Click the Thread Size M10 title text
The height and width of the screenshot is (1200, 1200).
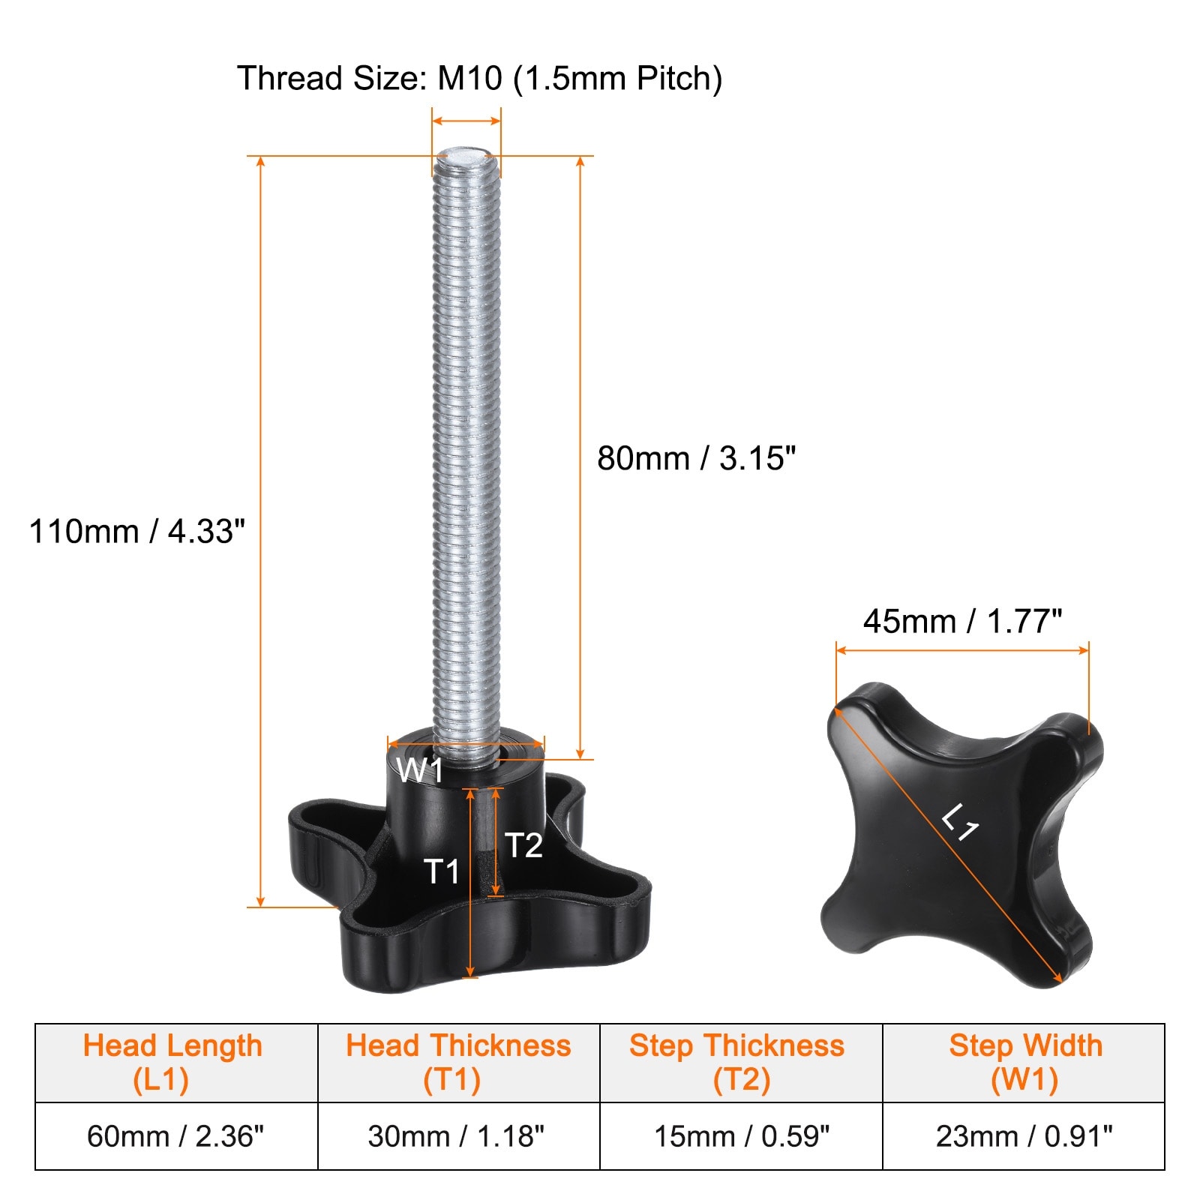(480, 79)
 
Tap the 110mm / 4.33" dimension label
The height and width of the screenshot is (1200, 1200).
(137, 531)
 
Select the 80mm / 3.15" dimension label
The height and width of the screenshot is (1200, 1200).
(696, 458)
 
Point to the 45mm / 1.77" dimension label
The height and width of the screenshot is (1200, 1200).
(962, 621)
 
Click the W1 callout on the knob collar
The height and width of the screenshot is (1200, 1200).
(420, 770)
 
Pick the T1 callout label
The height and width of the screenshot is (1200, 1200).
(442, 871)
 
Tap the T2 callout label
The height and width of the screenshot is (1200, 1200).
(523, 845)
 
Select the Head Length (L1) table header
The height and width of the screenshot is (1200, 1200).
(172, 1063)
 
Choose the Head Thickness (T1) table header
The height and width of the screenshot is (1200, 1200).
(458, 1063)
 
